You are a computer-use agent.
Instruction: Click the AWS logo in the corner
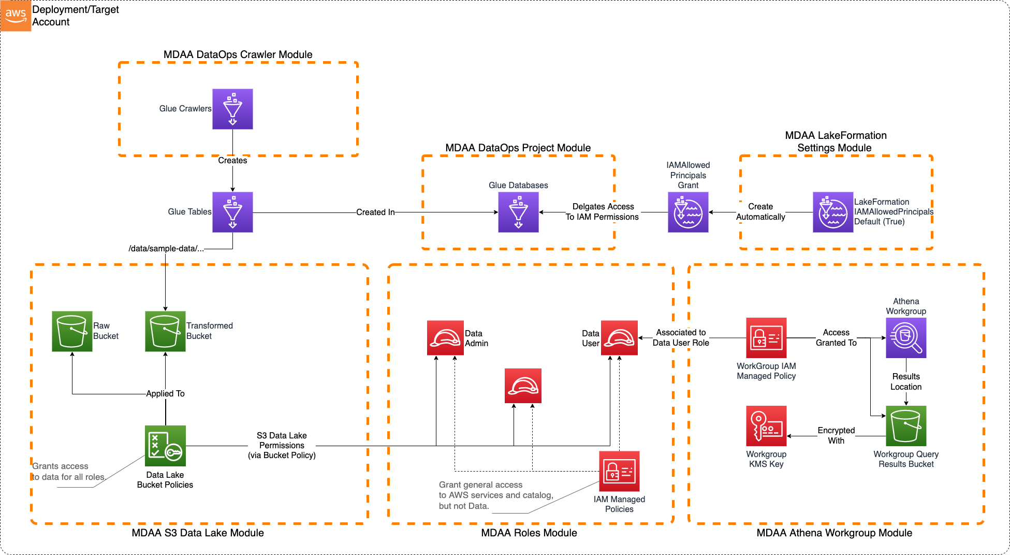pyautogui.click(x=16, y=16)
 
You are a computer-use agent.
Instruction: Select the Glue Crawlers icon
pyautogui.click(x=232, y=109)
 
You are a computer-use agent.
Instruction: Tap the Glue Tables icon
pyautogui.click(x=232, y=212)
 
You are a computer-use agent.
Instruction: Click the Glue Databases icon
pyautogui.click(x=518, y=212)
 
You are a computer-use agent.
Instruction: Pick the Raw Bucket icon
pyautogui.click(x=72, y=331)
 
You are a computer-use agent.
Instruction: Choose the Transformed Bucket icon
pyautogui.click(x=165, y=331)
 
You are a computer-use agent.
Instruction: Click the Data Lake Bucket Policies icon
pyautogui.click(x=165, y=446)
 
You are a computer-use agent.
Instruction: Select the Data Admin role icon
pyautogui.click(x=445, y=338)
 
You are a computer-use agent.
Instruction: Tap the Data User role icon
pyautogui.click(x=619, y=338)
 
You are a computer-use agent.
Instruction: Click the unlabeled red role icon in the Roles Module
pyautogui.click(x=523, y=386)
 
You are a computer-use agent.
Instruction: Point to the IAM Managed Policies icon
pyautogui.click(x=619, y=471)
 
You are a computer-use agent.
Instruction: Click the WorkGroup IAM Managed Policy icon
pyautogui.click(x=766, y=338)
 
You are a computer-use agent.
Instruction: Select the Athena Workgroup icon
pyautogui.click(x=906, y=338)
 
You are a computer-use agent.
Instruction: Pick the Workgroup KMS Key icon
pyautogui.click(x=766, y=426)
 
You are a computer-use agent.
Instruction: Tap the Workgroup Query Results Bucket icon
pyautogui.click(x=906, y=426)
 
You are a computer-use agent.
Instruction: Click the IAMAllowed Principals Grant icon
pyautogui.click(x=688, y=212)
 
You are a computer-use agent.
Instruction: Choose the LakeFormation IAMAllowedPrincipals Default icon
pyautogui.click(x=833, y=212)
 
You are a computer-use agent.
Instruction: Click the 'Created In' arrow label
pyautogui.click(x=375, y=212)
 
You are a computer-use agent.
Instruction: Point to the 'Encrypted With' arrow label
pyautogui.click(x=836, y=435)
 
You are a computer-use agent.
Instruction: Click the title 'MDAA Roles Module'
pyautogui.click(x=529, y=533)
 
